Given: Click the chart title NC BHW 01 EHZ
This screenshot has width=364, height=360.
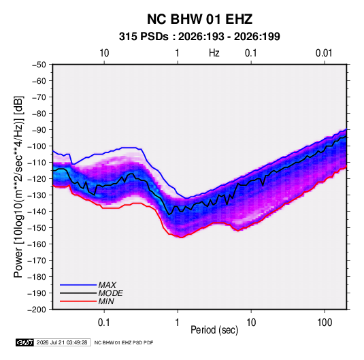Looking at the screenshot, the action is click(x=199, y=19).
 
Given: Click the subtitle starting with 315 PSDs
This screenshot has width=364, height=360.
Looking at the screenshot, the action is click(x=199, y=37).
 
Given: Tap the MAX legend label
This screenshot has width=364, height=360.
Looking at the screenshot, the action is click(x=107, y=285).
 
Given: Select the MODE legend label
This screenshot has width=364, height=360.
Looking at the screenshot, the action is click(x=110, y=293).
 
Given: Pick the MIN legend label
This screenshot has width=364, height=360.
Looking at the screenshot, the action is click(x=106, y=301).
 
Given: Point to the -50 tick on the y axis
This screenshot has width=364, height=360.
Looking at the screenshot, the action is click(x=39, y=65).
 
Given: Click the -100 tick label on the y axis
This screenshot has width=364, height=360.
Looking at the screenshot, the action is click(x=37, y=146).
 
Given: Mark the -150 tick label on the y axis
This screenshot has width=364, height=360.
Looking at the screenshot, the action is click(x=37, y=228).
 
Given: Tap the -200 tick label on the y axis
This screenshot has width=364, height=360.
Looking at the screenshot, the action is click(x=37, y=310).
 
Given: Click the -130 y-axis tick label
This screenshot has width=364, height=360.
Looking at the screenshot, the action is click(x=37, y=195).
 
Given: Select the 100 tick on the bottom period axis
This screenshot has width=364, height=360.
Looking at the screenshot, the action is click(x=325, y=323).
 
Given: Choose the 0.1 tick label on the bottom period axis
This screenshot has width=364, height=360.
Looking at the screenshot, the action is click(x=104, y=323).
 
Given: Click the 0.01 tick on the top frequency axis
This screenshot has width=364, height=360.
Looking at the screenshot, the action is click(x=324, y=53).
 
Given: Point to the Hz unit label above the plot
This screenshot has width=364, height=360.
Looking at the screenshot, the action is click(x=214, y=53).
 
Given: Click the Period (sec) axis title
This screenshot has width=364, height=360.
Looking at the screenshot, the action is click(x=214, y=330).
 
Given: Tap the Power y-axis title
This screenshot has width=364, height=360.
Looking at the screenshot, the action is click(x=18, y=187).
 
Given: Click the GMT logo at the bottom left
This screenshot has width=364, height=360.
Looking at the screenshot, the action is click(x=25, y=342).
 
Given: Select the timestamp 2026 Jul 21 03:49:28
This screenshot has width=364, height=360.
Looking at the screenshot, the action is click(x=62, y=342).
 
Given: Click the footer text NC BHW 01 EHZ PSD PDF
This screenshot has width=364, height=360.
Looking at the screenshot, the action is click(x=124, y=342).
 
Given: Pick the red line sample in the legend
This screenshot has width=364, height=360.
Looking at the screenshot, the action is click(x=78, y=301).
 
